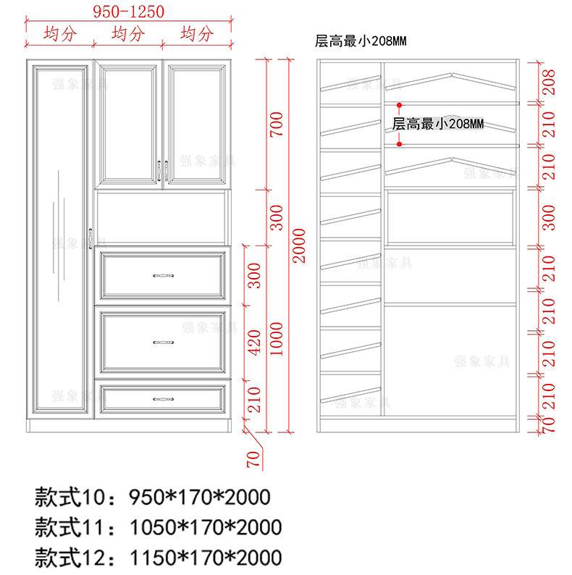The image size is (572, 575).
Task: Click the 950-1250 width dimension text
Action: (129, 11)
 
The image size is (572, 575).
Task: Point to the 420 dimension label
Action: (255, 341)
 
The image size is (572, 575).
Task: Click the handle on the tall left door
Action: (90, 238)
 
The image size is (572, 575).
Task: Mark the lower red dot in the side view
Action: (398, 145)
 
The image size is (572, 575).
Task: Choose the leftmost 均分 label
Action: (59, 33)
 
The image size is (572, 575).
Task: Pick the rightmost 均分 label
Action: (197, 33)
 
